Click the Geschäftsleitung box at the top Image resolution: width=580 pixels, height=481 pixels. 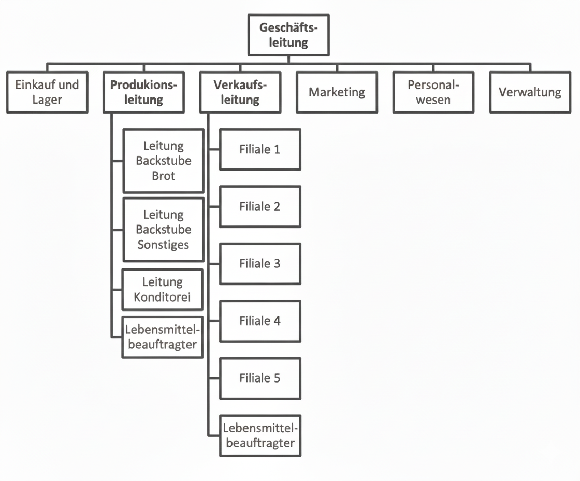pyautogui.click(x=288, y=35)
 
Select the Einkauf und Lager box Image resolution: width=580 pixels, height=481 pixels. pyautogui.click(x=47, y=92)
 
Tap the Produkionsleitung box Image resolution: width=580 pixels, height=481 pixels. pyautogui.click(x=143, y=92)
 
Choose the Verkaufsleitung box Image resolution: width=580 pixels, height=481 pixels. pyautogui.click(x=240, y=92)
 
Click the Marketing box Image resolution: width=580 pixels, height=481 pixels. pyautogui.click(x=337, y=92)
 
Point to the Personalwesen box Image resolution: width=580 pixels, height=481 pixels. pyautogui.click(x=433, y=92)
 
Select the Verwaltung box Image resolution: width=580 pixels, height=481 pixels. pyautogui.click(x=530, y=92)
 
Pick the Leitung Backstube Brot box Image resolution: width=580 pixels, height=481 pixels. pyautogui.click(x=163, y=161)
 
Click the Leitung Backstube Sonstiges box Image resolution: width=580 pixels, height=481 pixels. pyautogui.click(x=163, y=229)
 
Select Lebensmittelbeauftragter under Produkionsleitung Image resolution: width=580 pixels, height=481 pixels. pyautogui.click(x=162, y=336)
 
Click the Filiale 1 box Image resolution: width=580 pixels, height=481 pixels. pyautogui.click(x=260, y=149)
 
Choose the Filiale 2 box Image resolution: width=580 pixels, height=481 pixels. pyautogui.click(x=260, y=206)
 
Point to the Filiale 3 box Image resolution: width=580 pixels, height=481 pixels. pyautogui.click(x=260, y=263)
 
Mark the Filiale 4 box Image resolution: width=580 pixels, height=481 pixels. pyautogui.click(x=260, y=321)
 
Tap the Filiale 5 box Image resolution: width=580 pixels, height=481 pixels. pyautogui.click(x=260, y=378)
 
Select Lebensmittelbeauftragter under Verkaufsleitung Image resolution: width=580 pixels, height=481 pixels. pyautogui.click(x=260, y=435)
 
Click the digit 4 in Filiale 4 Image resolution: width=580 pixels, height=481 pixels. pyautogui.click(x=277, y=321)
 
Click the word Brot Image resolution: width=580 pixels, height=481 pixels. pyautogui.click(x=163, y=176)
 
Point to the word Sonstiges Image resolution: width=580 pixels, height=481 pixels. pyautogui.click(x=163, y=244)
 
